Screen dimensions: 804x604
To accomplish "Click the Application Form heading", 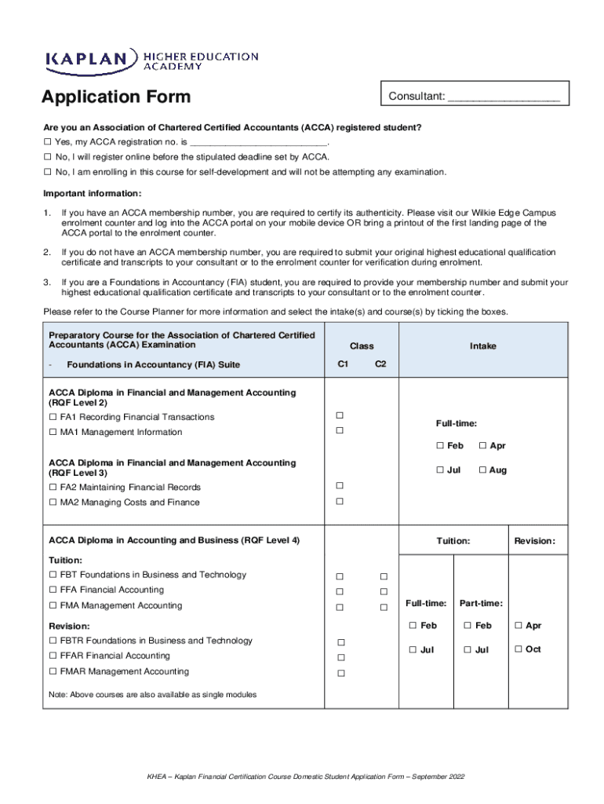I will coord(116,97).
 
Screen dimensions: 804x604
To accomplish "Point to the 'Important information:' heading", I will coord(92,193).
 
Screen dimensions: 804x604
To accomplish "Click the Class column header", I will coord(362,345).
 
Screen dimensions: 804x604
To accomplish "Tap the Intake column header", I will coord(482,345).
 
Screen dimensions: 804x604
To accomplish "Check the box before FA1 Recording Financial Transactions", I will coord(53,417).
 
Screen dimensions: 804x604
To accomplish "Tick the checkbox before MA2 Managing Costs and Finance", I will coord(53,502).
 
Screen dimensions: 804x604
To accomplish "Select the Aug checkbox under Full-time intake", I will coord(483,470).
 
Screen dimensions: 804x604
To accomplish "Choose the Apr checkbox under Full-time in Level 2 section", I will coord(483,446).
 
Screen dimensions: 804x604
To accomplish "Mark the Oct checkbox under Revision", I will coord(518,649).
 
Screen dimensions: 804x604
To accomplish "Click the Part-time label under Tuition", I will coord(481,603).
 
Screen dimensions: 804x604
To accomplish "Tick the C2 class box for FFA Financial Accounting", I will coord(384,591).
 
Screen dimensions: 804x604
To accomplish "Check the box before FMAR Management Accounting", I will coord(53,672).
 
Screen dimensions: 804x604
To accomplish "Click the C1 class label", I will coord(343,364).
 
